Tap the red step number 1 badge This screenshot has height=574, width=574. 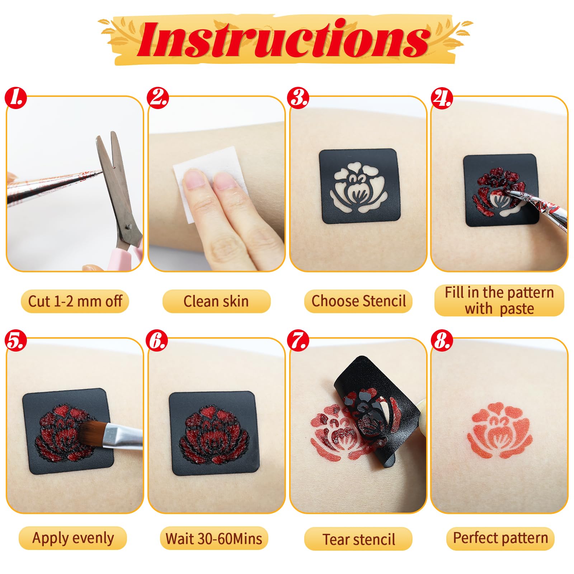pyautogui.click(x=16, y=97)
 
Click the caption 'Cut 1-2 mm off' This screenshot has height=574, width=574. pyautogui.click(x=75, y=301)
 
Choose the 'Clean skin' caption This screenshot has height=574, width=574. pyautogui.click(x=216, y=301)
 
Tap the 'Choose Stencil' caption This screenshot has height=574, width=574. pyautogui.click(x=359, y=301)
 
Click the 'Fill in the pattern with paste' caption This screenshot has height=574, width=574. pyautogui.click(x=499, y=301)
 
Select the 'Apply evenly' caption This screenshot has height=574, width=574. pyautogui.click(x=73, y=538)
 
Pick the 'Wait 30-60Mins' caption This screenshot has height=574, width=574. pyautogui.click(x=214, y=538)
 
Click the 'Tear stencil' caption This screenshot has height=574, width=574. pyautogui.click(x=359, y=539)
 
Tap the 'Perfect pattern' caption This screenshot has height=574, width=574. pyautogui.click(x=500, y=538)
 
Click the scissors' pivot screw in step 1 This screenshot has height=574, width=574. pyautogui.click(x=129, y=226)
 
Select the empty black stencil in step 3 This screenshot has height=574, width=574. pyautogui.click(x=359, y=186)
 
